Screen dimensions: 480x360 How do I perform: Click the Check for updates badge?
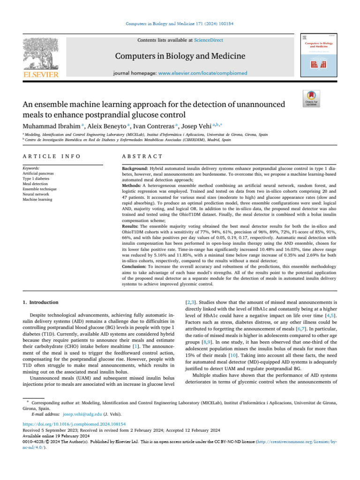point(312,99)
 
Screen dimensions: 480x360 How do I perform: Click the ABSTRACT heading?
point(142,156)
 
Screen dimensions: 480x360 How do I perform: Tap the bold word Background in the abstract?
point(135,168)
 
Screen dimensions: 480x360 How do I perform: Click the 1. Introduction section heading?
point(41,302)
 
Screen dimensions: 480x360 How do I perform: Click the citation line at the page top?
point(180,23)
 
